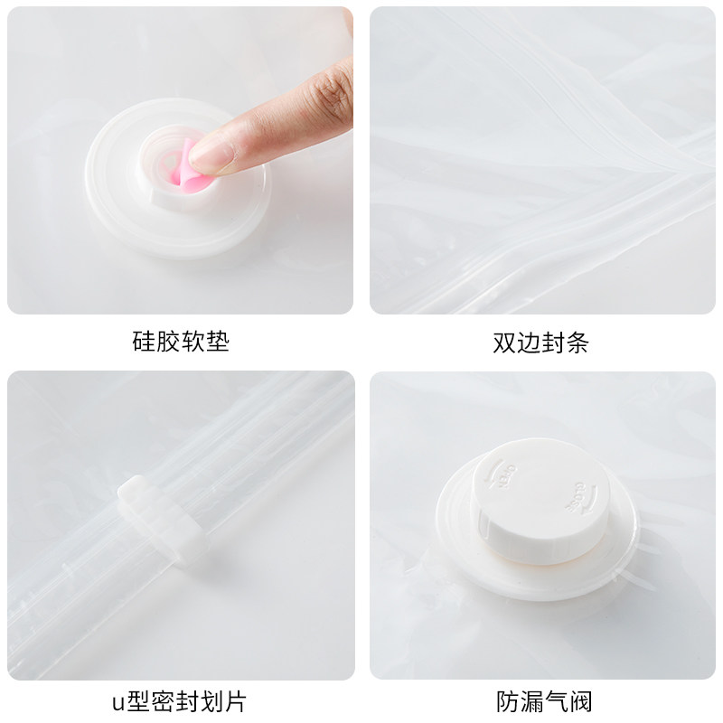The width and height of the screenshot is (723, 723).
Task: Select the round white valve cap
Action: click(540, 501)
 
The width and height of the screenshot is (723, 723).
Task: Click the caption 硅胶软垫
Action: click(181, 342)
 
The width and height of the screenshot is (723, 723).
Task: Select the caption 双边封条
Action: click(540, 343)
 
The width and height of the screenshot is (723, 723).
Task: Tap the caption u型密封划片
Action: click(179, 702)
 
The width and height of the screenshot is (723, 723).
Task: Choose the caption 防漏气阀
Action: click(544, 702)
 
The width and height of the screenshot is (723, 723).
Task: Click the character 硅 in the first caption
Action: click(144, 342)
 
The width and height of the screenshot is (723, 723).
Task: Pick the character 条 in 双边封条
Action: click(577, 343)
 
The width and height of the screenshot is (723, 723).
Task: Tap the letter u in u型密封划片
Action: click(118, 704)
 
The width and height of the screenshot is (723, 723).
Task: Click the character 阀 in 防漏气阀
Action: click(581, 702)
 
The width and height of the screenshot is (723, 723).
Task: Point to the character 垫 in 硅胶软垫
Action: click(218, 342)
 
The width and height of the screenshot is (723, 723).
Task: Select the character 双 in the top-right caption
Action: click(504, 343)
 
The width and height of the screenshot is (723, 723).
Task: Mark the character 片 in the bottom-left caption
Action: click(235, 702)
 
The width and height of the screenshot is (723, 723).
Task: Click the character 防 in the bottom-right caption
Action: click(508, 702)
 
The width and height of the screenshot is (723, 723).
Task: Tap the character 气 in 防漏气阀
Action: click(557, 702)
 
